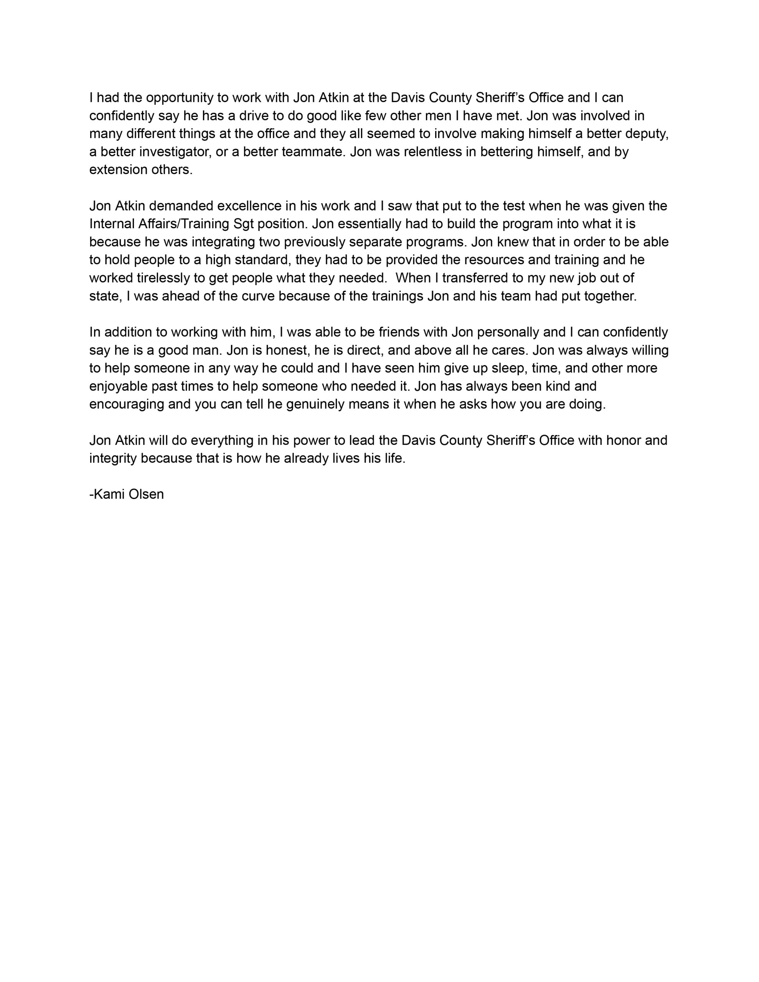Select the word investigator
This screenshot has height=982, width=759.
pyautogui.click(x=174, y=152)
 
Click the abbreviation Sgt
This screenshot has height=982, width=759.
pyautogui.click(x=243, y=224)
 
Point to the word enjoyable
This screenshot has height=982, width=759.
pyautogui.click(x=118, y=386)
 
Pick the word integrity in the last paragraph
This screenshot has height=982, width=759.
pyautogui.click(x=113, y=459)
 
